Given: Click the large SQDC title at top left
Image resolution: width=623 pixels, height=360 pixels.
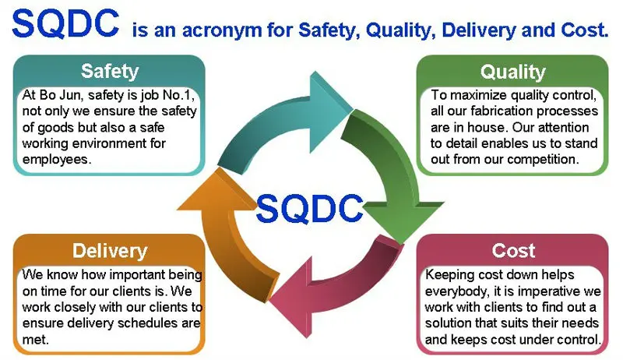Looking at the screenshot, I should pos(66,25).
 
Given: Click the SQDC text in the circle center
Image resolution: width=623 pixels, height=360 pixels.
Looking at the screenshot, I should pos(310,208).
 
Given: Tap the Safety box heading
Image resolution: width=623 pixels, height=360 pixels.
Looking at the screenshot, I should pos(110,72).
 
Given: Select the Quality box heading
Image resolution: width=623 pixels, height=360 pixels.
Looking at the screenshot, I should pos(512,72).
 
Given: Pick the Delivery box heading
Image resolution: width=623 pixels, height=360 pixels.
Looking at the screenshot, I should pos(110,250).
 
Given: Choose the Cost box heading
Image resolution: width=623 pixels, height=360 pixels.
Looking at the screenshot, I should pos(513,250).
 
